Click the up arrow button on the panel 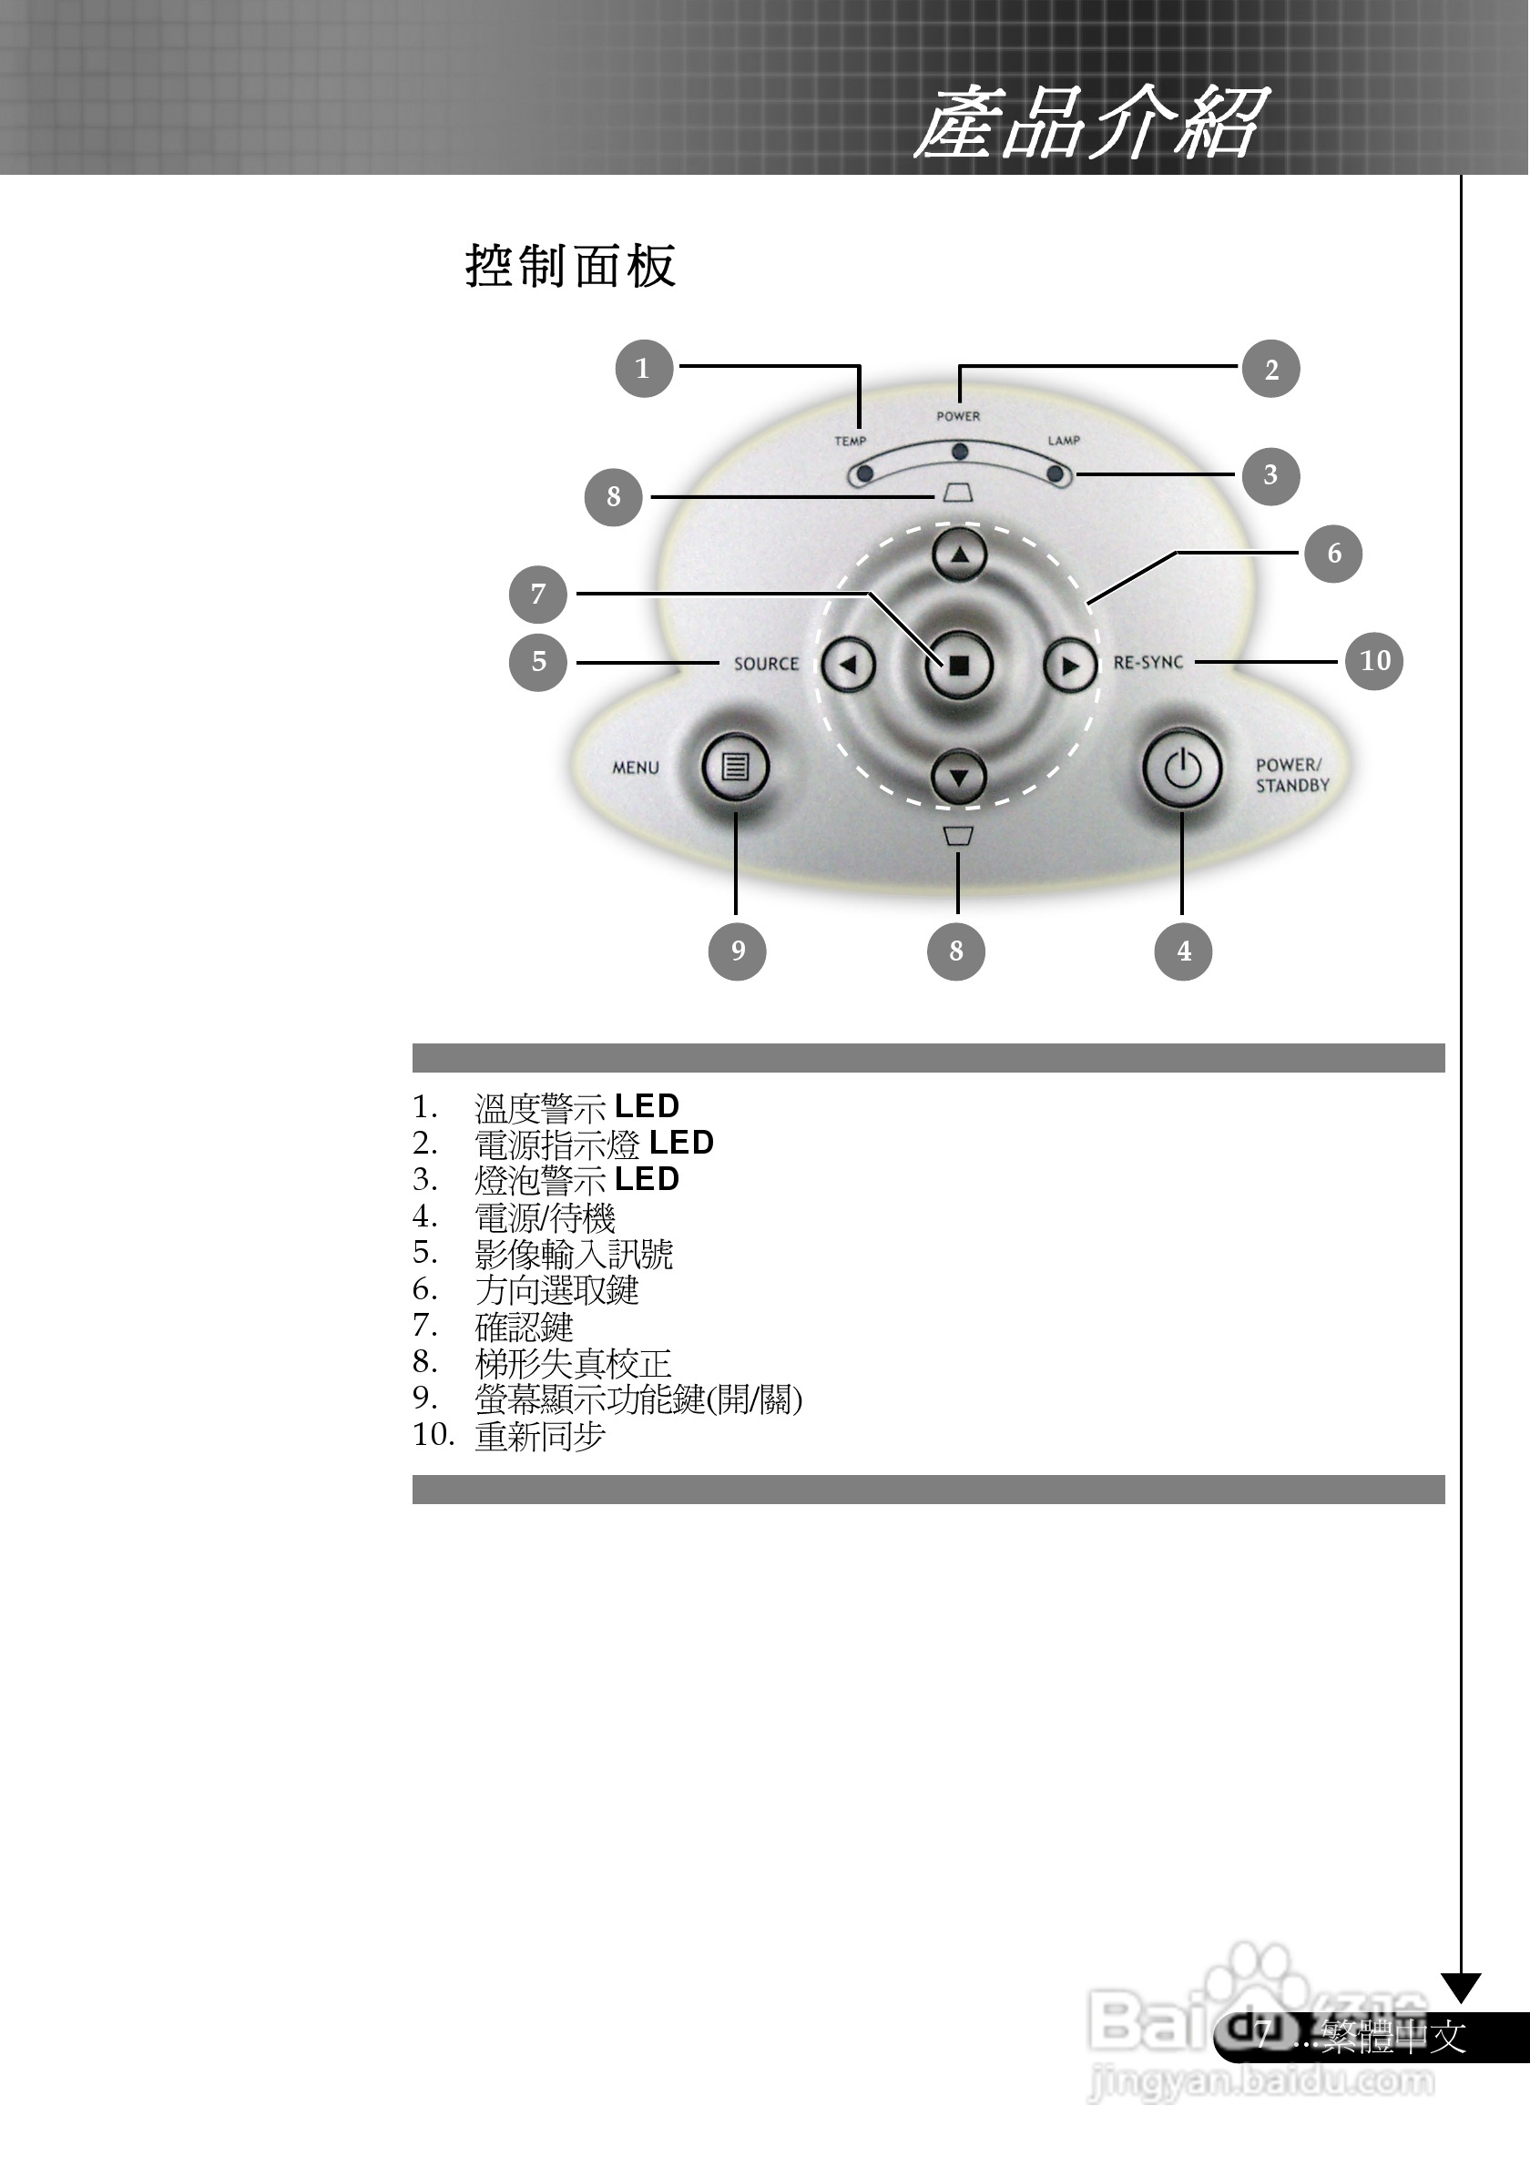pos(959,555)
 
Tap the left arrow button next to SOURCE pos(849,666)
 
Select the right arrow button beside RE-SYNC pos(1069,666)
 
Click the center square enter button pos(959,666)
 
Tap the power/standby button pos(1182,769)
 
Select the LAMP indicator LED pos(1056,473)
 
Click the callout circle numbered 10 pos(1374,661)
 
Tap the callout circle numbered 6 pos(1332,553)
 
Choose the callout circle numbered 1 pos(644,368)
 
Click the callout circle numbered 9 pos(737,951)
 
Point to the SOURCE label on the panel pos(766,665)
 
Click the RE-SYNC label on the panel pos(1147,663)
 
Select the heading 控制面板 pos(571,266)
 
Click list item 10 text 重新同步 pos(540,1436)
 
